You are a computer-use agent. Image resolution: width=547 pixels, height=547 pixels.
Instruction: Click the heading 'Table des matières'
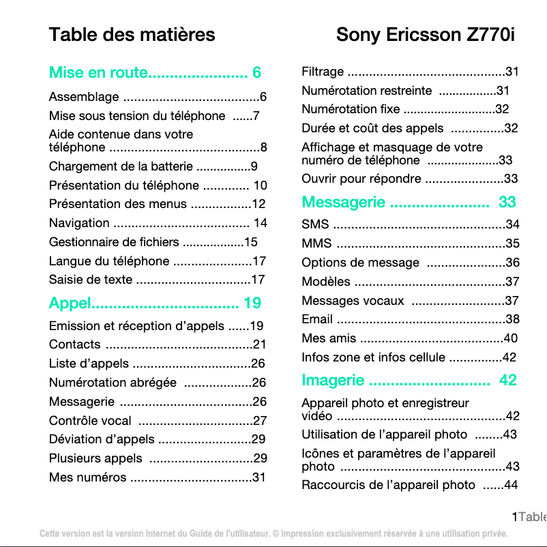[x=132, y=35]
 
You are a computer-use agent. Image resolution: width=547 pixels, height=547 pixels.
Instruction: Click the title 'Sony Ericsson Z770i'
[x=426, y=35]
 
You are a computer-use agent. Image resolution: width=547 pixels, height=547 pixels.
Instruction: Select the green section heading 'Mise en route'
[x=98, y=73]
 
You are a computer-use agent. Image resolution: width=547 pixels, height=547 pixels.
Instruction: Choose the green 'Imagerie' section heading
[x=333, y=380]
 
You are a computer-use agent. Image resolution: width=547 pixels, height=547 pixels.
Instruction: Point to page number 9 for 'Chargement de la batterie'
[x=254, y=166]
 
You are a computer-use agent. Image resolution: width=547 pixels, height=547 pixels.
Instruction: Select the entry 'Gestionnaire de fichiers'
[x=114, y=242]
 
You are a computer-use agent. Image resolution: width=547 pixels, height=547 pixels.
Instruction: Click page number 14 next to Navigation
[x=260, y=223]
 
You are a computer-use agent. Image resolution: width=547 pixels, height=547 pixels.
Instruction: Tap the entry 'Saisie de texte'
[x=91, y=280]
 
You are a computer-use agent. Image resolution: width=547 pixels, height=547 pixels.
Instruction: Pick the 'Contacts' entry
[x=75, y=345]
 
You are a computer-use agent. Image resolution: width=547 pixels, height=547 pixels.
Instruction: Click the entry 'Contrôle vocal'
[x=90, y=421]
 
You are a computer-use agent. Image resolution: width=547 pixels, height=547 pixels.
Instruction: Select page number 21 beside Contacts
[x=259, y=345]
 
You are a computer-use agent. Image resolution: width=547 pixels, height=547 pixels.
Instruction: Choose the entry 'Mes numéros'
[x=87, y=477]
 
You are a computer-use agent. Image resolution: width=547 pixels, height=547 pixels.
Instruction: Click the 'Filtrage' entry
[x=323, y=72]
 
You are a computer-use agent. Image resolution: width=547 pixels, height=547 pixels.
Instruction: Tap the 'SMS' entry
[x=315, y=224]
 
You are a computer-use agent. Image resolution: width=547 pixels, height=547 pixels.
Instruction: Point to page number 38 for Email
[x=512, y=319]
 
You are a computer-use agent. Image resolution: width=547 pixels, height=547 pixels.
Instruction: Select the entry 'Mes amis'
[x=329, y=338]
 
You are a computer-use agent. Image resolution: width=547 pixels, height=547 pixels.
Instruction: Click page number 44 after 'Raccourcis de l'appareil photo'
[x=510, y=486]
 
